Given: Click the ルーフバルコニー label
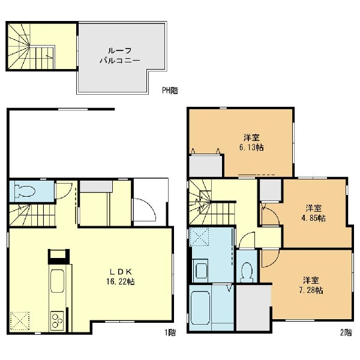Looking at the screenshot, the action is click(120, 56).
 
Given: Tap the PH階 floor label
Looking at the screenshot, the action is click(170, 91).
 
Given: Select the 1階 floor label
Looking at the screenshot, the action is click(170, 332).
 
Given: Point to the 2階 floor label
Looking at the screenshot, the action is click(346, 332).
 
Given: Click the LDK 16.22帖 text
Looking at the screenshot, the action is click(121, 277).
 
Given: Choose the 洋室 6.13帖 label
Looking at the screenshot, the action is click(251, 143).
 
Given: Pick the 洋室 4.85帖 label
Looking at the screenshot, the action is click(313, 213).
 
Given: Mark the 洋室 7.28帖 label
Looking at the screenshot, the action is click(311, 286).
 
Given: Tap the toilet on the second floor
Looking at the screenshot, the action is click(247, 272).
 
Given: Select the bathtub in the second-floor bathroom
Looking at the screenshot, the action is click(200, 308).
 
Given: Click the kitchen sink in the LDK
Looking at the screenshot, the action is click(57, 281).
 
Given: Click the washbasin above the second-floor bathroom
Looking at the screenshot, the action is click(202, 269).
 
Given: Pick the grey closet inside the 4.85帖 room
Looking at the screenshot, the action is click(271, 190).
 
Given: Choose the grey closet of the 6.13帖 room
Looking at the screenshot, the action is click(205, 166).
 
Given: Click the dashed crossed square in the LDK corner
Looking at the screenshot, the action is click(20, 320).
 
